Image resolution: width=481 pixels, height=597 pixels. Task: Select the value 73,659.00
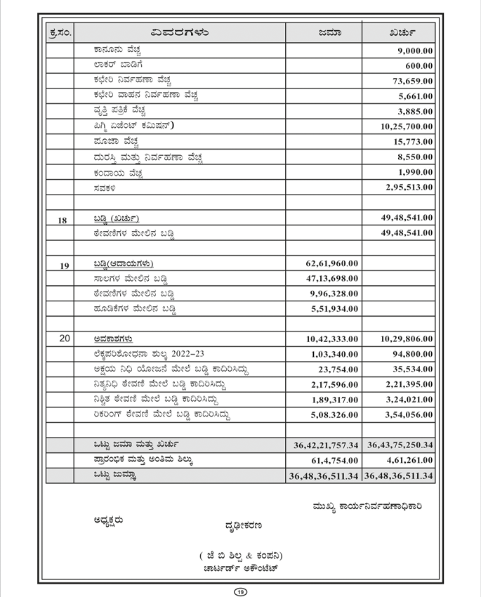coord(412,81)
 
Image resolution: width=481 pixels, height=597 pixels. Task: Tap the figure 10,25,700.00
coord(407,126)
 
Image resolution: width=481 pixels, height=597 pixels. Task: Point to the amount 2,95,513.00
coord(409,188)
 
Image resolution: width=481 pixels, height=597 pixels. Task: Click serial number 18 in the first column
coord(62,219)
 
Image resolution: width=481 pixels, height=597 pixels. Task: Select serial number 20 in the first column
coord(62,339)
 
